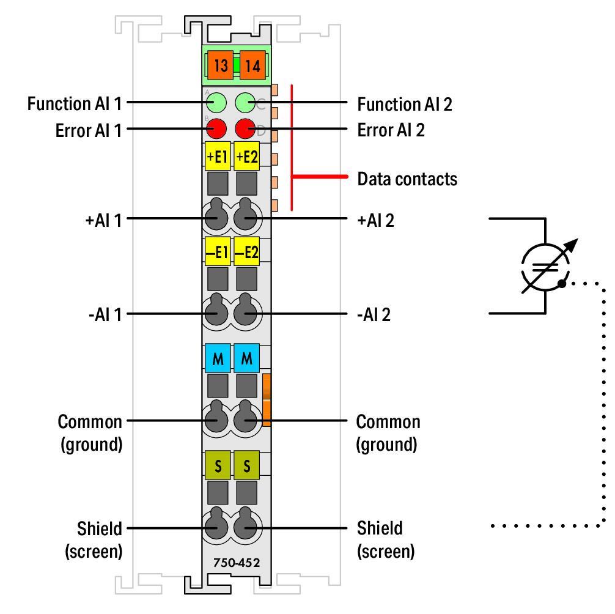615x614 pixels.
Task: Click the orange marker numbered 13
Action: click(x=221, y=65)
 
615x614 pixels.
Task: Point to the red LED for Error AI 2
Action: click(x=245, y=130)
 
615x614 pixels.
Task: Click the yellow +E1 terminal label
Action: click(x=217, y=157)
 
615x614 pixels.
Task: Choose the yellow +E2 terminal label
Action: click(x=247, y=157)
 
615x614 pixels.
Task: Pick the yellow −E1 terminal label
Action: click(x=217, y=251)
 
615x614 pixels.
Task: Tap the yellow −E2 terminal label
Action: click(x=247, y=251)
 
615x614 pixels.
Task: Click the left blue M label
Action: click(x=217, y=359)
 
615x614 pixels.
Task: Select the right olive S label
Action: click(x=247, y=466)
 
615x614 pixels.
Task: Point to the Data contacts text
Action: click(x=407, y=179)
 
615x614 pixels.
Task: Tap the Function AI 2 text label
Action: click(x=405, y=104)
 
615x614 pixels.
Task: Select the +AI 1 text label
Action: click(x=103, y=219)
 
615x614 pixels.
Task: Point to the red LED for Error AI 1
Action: click(x=216, y=130)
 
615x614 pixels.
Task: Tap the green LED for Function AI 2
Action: click(x=245, y=103)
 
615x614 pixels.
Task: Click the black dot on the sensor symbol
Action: click(x=561, y=283)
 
